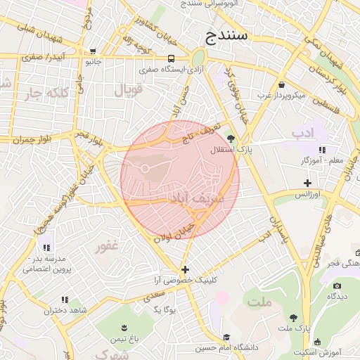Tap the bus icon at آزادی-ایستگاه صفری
click(x=172, y=59)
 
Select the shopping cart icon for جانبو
click(x=93, y=51)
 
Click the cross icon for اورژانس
click(x=307, y=183)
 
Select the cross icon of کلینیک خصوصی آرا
click(x=185, y=269)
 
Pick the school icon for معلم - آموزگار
click(x=322, y=150)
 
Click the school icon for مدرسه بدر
click(x=46, y=247)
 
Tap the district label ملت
click(x=259, y=302)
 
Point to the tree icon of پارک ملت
click(x=293, y=318)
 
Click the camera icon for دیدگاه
click(x=337, y=285)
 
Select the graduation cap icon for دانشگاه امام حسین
click(x=226, y=337)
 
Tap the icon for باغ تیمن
click(x=124, y=328)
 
